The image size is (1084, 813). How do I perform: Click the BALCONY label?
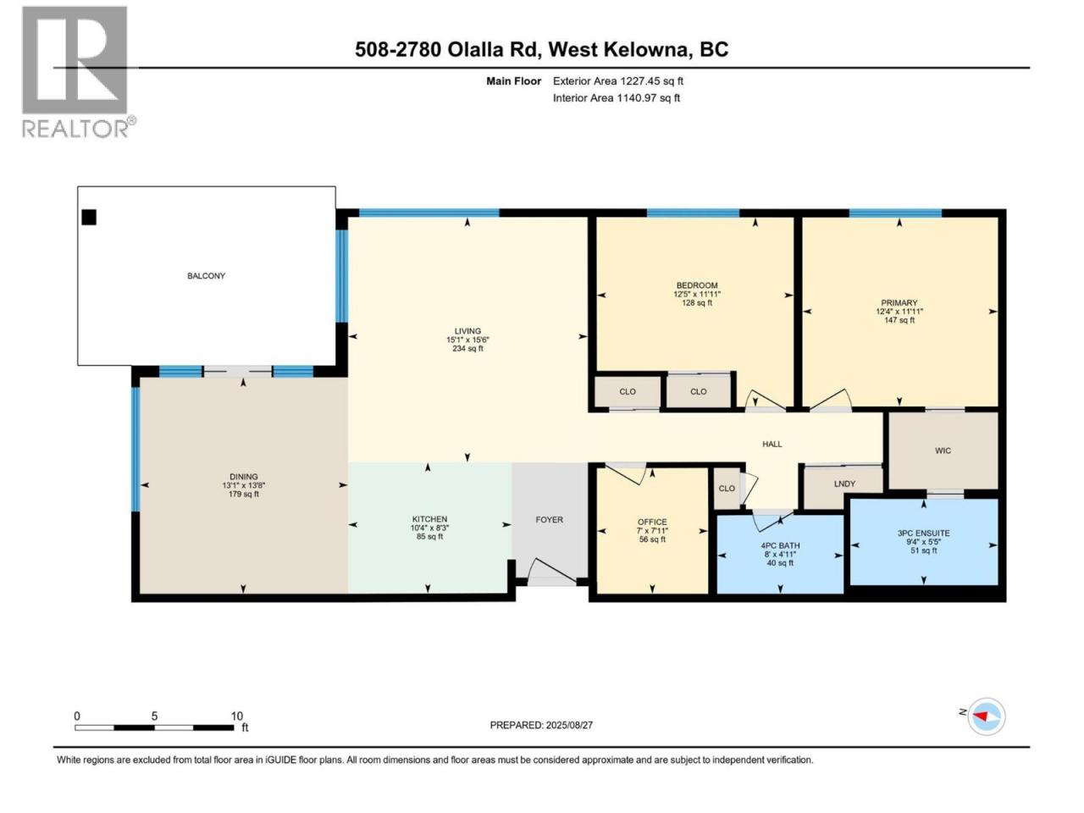click(x=206, y=276)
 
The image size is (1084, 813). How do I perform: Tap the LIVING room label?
click(x=467, y=331)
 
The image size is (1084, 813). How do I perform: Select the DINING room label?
click(x=243, y=477)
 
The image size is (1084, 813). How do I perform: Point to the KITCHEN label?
click(x=429, y=519)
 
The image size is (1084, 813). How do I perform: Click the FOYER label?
click(x=549, y=520)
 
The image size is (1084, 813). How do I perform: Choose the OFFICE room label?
click(x=652, y=523)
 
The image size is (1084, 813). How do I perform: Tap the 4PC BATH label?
click(x=780, y=546)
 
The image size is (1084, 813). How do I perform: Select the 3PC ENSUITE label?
click(x=923, y=534)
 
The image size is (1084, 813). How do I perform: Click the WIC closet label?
click(x=943, y=451)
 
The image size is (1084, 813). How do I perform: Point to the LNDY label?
click(x=844, y=484)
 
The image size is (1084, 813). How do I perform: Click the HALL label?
click(x=772, y=445)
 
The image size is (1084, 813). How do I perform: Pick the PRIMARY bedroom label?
click(x=899, y=303)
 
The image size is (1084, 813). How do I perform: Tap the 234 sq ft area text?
click(x=467, y=349)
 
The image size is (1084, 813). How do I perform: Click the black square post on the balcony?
click(x=89, y=217)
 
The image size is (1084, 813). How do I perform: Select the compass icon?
click(x=987, y=716)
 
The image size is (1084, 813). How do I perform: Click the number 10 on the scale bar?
click(x=236, y=716)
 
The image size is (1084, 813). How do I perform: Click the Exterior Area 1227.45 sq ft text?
click(x=618, y=81)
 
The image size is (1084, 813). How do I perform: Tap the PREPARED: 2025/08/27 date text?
click(x=541, y=725)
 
